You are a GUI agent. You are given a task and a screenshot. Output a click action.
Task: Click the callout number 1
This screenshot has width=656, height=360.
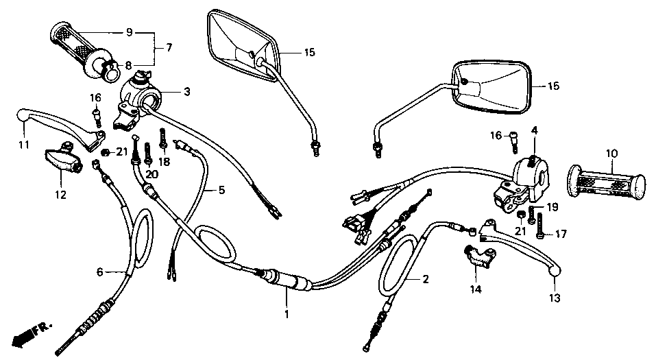tap(287, 314)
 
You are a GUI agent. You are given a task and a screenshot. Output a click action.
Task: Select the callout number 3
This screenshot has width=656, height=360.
tap(186, 91)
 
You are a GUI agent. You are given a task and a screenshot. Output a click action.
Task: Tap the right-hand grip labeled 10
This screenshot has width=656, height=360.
tap(607, 184)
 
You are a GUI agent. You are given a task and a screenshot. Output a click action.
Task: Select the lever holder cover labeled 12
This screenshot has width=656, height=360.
tap(63, 160)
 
